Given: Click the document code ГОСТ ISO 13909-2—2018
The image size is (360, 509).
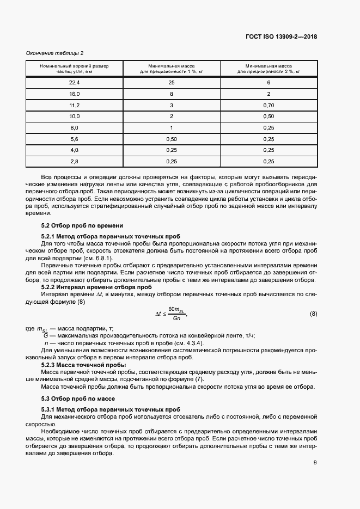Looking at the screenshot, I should tap(281, 37).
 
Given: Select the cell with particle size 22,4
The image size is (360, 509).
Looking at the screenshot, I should tap(74, 82).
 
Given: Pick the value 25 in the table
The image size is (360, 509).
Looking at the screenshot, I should tap(172, 82).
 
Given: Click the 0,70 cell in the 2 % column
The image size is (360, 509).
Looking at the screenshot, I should tap(268, 105).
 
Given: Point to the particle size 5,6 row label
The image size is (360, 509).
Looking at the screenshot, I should tap(74, 139).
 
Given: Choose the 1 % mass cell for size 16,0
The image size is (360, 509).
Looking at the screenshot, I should tap(172, 94).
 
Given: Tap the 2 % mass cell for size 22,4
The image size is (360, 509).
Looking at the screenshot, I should tap(268, 82).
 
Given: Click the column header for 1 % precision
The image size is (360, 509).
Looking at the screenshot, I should tap(172, 68).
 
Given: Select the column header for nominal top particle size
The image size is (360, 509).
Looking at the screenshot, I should tap(74, 68).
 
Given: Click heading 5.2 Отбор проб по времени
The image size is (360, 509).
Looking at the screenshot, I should tap(75, 225).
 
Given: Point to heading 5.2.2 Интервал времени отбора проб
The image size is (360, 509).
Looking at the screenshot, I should tap(96, 286).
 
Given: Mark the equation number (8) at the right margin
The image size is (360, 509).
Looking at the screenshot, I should tap(313, 314).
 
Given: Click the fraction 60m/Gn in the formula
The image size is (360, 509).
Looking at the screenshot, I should tap(176, 314).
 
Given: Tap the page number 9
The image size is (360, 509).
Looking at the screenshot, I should tap(315, 463).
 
